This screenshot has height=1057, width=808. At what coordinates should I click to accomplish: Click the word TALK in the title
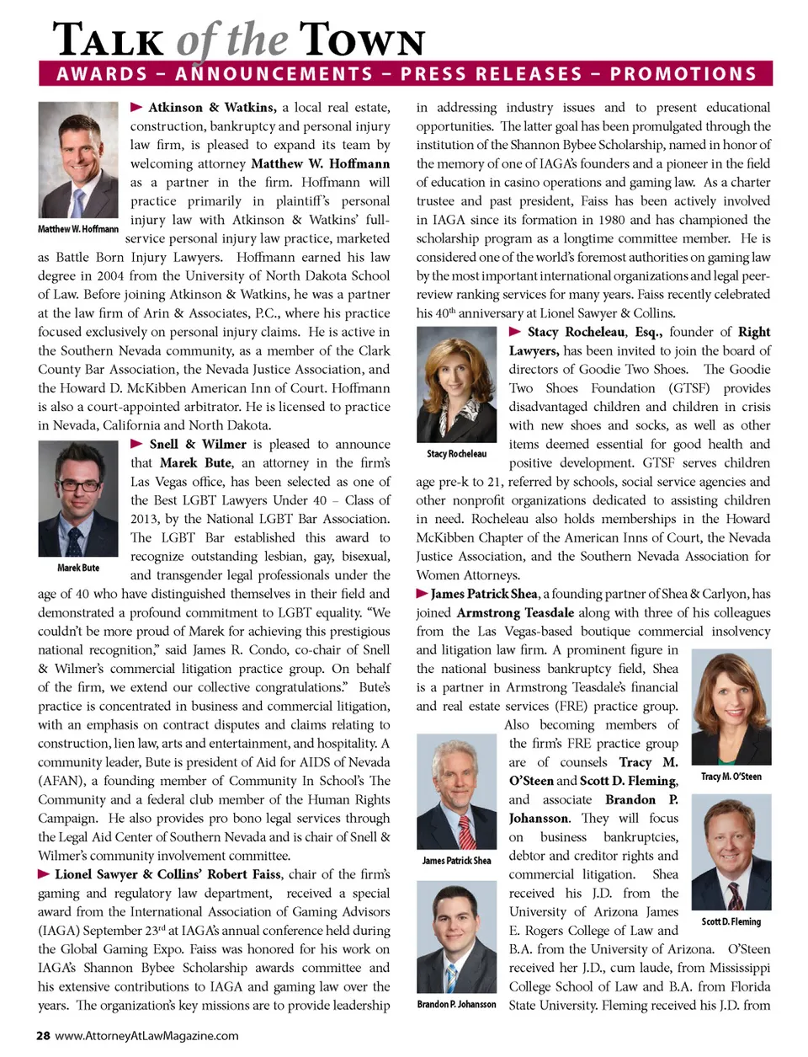click(x=109, y=40)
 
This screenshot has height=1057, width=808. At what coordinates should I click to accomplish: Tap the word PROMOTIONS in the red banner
click(x=683, y=74)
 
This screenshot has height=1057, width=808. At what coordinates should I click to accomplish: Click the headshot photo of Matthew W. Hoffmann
click(x=78, y=160)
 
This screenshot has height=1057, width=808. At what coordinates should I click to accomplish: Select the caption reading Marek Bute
click(x=78, y=568)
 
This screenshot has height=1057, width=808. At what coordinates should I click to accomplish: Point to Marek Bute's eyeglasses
click(x=77, y=486)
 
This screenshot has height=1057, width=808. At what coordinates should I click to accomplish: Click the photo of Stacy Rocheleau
click(x=456, y=384)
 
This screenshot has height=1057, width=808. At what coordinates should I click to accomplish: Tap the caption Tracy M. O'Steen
click(x=731, y=777)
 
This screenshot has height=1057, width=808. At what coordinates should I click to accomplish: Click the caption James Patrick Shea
click(x=456, y=861)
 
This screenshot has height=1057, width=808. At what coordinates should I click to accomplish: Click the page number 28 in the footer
click(x=43, y=1036)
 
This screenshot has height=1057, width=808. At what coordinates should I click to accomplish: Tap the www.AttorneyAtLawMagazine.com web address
click(x=146, y=1036)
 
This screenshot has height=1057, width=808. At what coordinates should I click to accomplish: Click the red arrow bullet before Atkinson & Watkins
click(x=136, y=107)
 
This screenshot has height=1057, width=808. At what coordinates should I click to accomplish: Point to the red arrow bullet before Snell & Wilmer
click(x=136, y=443)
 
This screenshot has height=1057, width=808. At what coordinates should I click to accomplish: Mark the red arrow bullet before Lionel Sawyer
click(x=44, y=873)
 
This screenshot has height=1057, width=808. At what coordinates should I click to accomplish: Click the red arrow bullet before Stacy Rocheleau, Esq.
click(x=515, y=331)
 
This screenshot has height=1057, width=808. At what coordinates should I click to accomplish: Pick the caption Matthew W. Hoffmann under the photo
click(x=78, y=229)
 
